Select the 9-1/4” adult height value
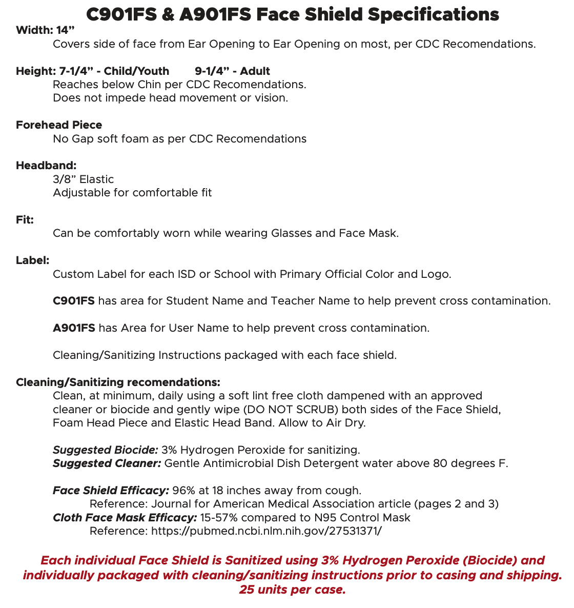coord(214,71)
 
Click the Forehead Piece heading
coord(59,125)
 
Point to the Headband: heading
coord(46,165)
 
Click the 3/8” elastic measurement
coord(65,179)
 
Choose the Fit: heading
coord(25,219)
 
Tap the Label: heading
coord(32,260)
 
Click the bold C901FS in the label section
coord(74,300)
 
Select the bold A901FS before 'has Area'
coord(74,328)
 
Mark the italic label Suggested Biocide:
coord(106,450)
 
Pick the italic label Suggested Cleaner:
coord(107,463)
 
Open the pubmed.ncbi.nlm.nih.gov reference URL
coord(266,531)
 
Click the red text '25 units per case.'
coord(292,590)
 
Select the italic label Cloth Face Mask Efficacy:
coord(125,517)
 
